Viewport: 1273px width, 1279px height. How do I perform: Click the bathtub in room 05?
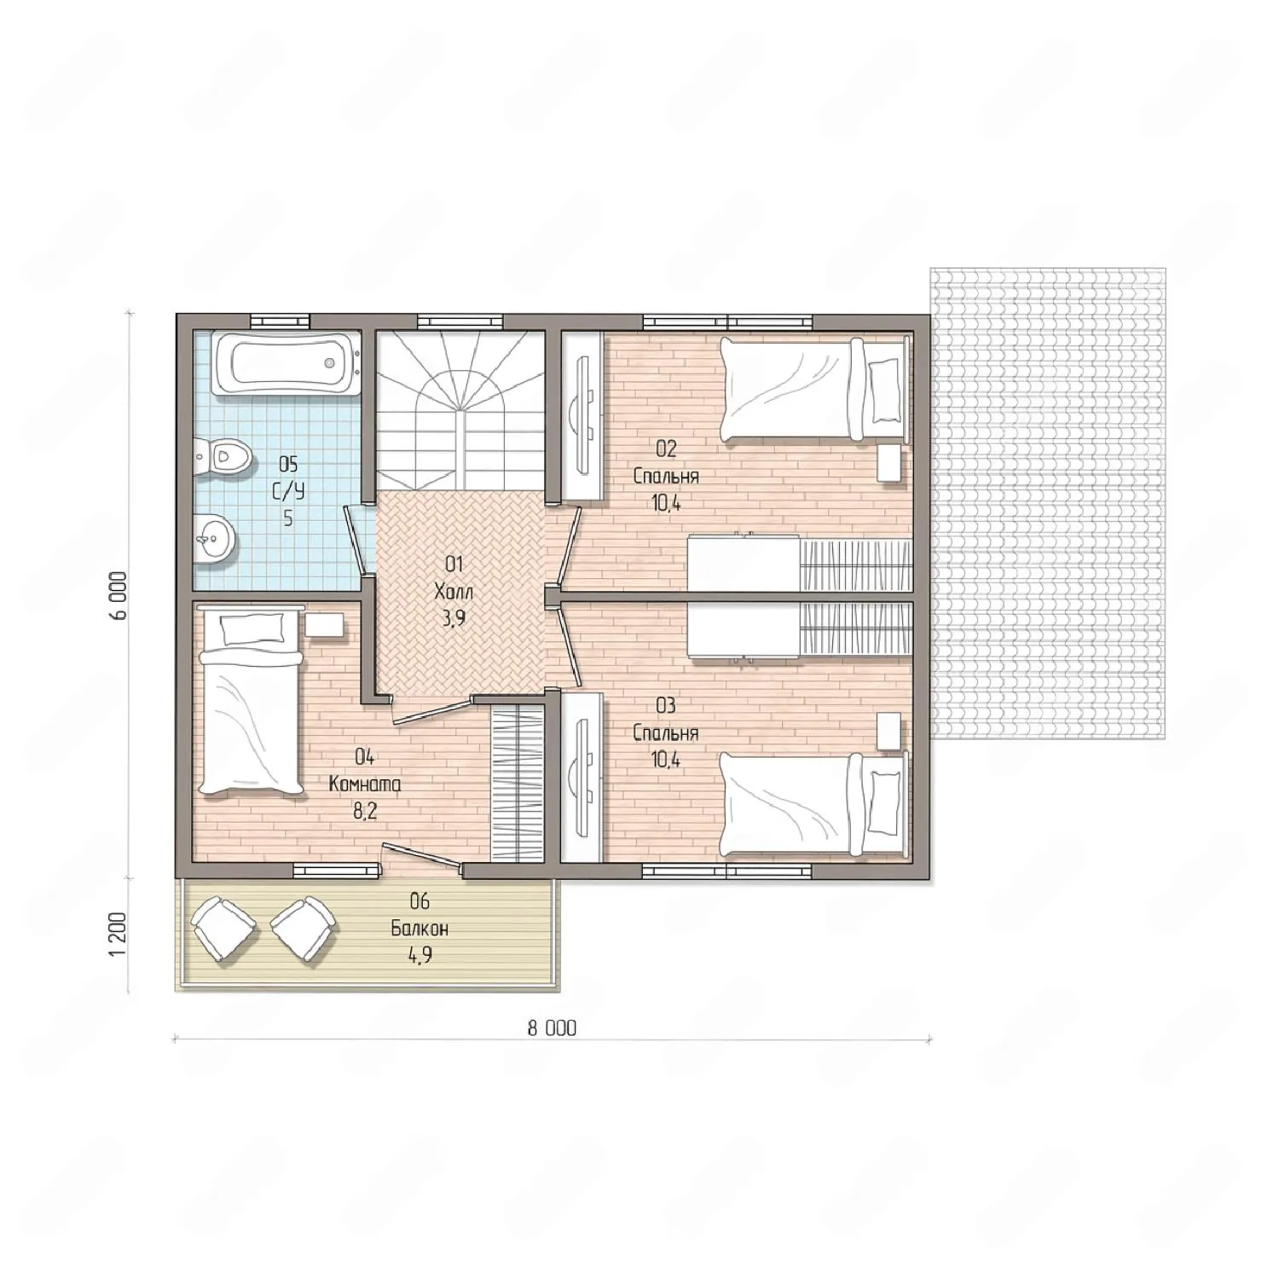pyautogui.click(x=286, y=364)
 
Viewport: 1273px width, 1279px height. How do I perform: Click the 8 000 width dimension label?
pyautogui.click(x=552, y=1028)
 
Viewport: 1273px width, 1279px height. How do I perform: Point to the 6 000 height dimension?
pyautogui.click(x=119, y=595)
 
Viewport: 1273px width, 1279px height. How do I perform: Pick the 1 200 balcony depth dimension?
pyautogui.click(x=119, y=935)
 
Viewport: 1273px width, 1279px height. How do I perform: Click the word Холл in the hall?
pyautogui.click(x=454, y=592)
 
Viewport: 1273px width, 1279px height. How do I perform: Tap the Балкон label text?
pyautogui.click(x=420, y=929)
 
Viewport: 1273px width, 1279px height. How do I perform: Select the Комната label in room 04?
pyautogui.click(x=365, y=784)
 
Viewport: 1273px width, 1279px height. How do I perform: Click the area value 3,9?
pyautogui.click(x=454, y=619)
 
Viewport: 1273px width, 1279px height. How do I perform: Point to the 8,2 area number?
pyautogui.click(x=365, y=811)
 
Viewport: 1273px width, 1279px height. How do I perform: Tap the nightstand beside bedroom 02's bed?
pyautogui.click(x=889, y=463)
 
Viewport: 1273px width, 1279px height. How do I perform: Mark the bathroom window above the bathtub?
pyautogui.click(x=281, y=321)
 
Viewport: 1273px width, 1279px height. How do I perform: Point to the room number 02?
pyautogui.click(x=666, y=449)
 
